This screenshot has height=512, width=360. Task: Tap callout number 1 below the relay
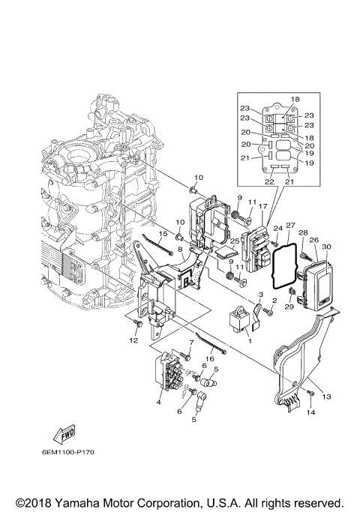(x=250, y=341)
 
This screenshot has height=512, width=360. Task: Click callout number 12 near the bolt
(x=133, y=341)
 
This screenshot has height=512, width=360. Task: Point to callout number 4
(x=158, y=403)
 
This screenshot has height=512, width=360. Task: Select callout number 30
(x=326, y=247)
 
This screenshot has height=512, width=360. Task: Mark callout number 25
(x=234, y=241)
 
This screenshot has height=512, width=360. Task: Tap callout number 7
(x=191, y=342)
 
